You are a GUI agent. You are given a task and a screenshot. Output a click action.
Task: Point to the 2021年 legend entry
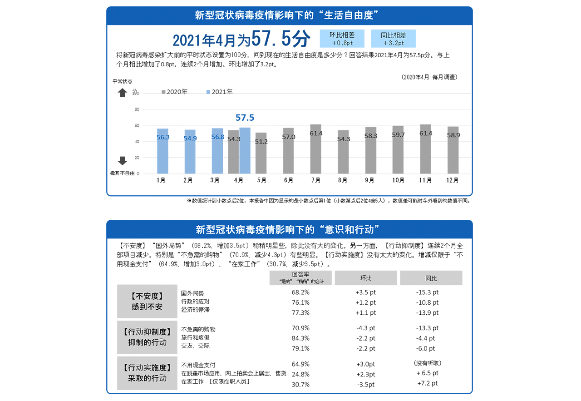tap(219, 92)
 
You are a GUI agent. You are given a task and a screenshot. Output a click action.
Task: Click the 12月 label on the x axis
tap(453, 180)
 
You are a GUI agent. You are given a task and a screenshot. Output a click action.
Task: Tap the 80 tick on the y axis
tap(137, 109)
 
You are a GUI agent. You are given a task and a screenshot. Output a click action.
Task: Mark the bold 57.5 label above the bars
tap(245, 118)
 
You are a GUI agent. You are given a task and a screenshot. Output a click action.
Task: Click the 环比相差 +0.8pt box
tap(342, 39)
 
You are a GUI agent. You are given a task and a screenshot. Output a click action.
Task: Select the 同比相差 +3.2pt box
tap(393, 39)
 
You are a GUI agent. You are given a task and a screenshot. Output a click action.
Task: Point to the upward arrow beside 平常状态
tap(123, 93)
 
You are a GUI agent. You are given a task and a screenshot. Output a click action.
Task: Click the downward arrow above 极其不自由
tap(123, 161)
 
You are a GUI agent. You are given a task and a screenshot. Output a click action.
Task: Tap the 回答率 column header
tap(300, 278)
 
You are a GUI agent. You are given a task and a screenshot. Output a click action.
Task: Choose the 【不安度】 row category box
tap(147, 302)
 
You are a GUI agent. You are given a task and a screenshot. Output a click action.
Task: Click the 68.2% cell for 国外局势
tap(300, 292)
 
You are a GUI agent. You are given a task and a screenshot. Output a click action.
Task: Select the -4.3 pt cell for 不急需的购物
tap(366, 328)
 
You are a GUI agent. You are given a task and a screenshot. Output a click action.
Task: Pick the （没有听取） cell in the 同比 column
tap(428, 363)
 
